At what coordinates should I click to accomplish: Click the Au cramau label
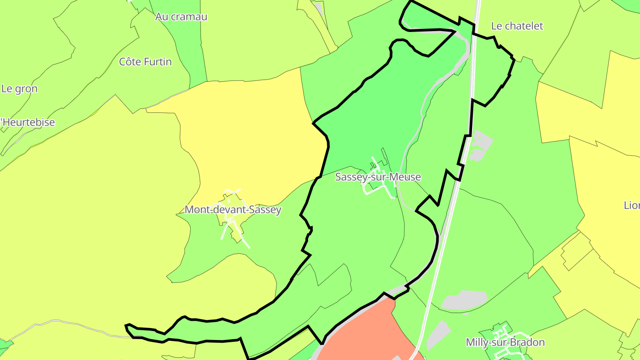(181, 17)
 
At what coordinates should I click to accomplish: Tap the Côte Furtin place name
(145, 62)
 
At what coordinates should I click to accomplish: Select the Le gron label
(20, 88)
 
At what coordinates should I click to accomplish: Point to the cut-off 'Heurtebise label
(28, 122)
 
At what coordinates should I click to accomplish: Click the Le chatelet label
(517, 26)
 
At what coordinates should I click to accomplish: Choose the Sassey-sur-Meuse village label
(378, 177)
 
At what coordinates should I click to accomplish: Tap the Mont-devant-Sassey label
(233, 209)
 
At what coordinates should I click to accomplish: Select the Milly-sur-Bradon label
(505, 342)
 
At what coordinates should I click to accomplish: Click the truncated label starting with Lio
(632, 205)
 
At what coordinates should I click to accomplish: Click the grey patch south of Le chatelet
(481, 144)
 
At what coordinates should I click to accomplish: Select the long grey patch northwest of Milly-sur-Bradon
(464, 300)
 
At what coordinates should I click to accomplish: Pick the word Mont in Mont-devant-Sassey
(195, 209)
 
